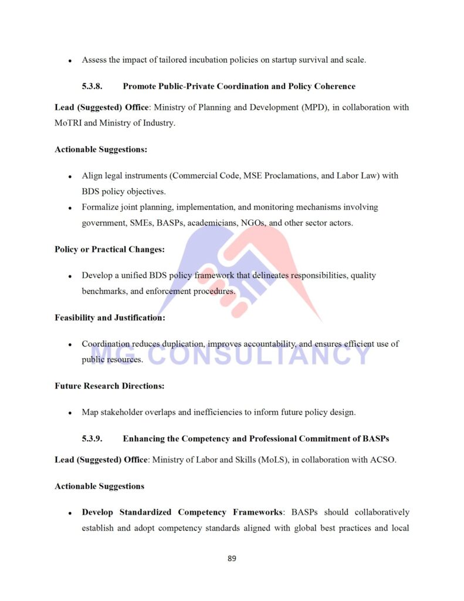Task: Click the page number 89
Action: pyautogui.click(x=232, y=558)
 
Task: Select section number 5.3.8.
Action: pyautogui.click(x=92, y=86)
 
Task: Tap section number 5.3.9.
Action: pyautogui.click(x=92, y=439)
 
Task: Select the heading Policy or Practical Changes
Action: pyautogui.click(x=110, y=249)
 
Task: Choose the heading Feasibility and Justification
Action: pyautogui.click(x=110, y=318)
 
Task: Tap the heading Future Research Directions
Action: pyautogui.click(x=110, y=386)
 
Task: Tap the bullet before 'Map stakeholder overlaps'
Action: pyautogui.click(x=70, y=413)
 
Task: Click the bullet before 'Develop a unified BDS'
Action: pyautogui.click(x=70, y=276)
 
